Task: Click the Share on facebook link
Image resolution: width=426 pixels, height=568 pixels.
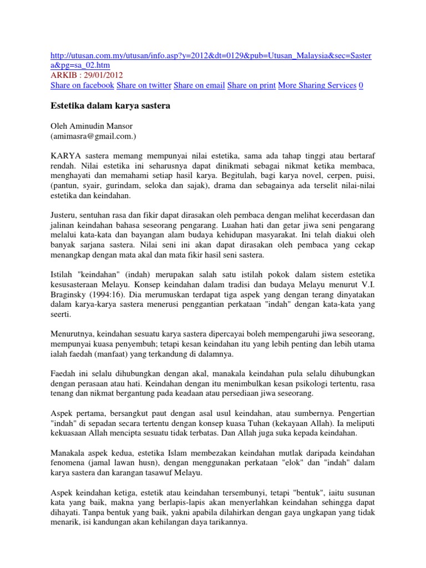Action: [82, 85]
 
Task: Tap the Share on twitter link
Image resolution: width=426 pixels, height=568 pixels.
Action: [144, 85]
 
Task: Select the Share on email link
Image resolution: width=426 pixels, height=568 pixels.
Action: [199, 85]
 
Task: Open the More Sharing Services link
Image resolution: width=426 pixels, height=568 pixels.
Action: [317, 85]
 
